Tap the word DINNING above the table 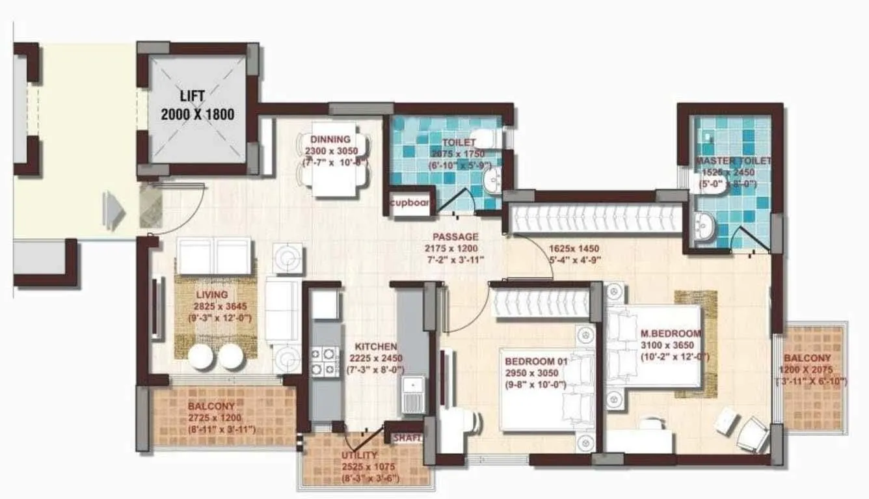(330, 139)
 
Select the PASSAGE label (455, 237)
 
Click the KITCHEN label (375, 347)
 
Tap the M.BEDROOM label (669, 333)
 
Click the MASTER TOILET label (733, 161)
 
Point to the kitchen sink (412, 394)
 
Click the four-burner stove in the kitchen (323, 362)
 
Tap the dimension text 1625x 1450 (574, 249)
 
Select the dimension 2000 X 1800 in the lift (198, 115)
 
